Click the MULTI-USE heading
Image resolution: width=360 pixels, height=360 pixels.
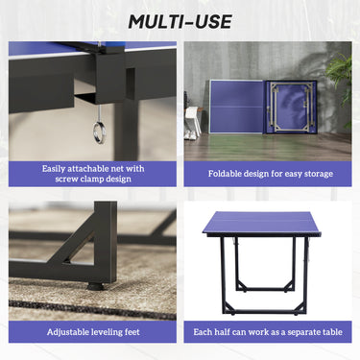180,22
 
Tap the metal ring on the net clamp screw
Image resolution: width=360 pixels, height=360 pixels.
99,132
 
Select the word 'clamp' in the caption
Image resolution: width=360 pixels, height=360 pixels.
94,179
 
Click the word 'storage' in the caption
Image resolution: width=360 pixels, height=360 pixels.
319,174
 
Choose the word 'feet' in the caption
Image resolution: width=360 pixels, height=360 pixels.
132,332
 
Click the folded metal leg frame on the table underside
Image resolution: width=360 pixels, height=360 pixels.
290,107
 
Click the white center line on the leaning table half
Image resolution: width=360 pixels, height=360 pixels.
237,107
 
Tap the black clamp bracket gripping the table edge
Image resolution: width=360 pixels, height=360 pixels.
108,78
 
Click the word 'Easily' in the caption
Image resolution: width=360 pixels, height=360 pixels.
54,169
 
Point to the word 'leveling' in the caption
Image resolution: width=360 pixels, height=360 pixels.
107,332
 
